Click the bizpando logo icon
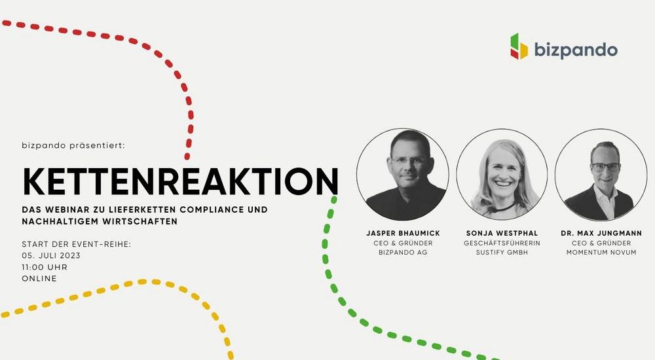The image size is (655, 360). (x=519, y=46)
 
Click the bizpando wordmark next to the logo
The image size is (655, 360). (x=576, y=50)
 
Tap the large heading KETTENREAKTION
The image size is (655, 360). (x=181, y=181)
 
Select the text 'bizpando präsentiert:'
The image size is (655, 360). (x=73, y=146)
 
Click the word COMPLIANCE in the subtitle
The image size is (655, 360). (x=212, y=209)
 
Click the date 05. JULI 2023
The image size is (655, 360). (x=51, y=255)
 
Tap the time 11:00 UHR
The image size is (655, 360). (x=45, y=267)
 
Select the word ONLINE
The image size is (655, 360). (x=39, y=279)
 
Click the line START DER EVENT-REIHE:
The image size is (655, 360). (x=77, y=244)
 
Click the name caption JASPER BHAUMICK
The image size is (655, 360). (x=403, y=233)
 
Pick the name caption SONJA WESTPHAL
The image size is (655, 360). (x=502, y=233)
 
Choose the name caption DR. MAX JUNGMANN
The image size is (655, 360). (x=601, y=233)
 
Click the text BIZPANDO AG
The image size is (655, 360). (x=403, y=252)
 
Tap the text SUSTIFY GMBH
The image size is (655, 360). (x=502, y=252)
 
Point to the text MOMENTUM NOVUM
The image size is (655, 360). (x=601, y=252)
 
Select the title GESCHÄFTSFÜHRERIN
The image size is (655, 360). (x=502, y=243)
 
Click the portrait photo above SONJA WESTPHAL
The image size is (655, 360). (x=502, y=174)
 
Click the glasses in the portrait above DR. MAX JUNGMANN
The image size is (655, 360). (x=605, y=167)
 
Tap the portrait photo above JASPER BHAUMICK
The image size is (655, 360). (x=403, y=174)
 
